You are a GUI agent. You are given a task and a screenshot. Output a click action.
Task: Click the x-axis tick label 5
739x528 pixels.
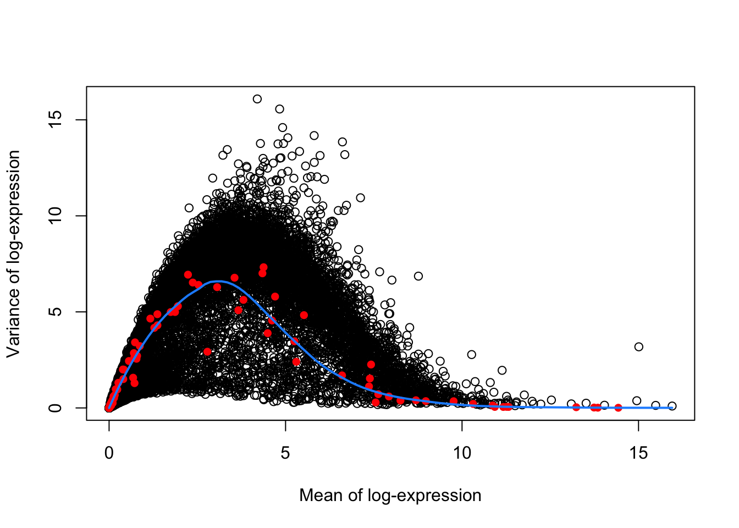pyautogui.click(x=285, y=453)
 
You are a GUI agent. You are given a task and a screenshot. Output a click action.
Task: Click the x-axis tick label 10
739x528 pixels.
pyautogui.click(x=462, y=453)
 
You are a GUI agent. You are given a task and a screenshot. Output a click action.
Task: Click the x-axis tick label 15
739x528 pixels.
pyautogui.click(x=638, y=453)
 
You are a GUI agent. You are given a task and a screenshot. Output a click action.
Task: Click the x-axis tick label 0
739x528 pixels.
pyautogui.click(x=109, y=453)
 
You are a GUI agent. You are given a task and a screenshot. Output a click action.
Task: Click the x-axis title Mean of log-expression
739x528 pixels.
pyautogui.click(x=390, y=496)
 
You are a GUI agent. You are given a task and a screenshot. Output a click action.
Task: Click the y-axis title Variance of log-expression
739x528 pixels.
pyautogui.click(x=14, y=254)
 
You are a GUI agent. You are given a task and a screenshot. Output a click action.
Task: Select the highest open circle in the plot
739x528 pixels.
pyautogui.click(x=257, y=99)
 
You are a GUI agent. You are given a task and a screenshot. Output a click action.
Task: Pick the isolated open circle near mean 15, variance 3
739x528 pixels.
pyautogui.click(x=638, y=346)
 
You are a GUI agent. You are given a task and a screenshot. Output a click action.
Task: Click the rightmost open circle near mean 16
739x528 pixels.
pyautogui.click(x=672, y=406)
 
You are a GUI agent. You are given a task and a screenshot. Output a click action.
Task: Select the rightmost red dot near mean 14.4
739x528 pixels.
pyautogui.click(x=618, y=408)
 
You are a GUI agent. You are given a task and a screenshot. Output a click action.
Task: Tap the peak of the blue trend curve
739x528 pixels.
pyautogui.click(x=218, y=282)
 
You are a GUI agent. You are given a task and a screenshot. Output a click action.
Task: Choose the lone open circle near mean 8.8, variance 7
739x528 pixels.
pyautogui.click(x=418, y=276)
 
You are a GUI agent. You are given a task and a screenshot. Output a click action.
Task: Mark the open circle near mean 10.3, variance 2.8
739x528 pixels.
pyautogui.click(x=472, y=354)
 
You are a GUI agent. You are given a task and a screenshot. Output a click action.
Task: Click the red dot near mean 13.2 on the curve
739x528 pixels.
pyautogui.click(x=576, y=407)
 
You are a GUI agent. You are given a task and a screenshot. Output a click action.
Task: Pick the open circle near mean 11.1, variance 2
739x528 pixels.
pyautogui.click(x=502, y=370)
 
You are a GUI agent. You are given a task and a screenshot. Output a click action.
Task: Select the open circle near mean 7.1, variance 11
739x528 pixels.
pyautogui.click(x=361, y=197)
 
